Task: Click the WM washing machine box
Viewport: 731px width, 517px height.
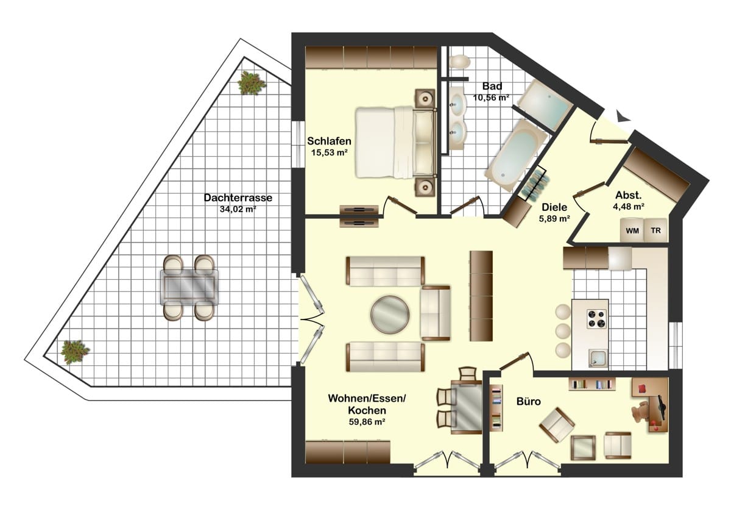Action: tap(632, 230)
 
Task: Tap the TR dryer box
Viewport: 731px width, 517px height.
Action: tap(655, 230)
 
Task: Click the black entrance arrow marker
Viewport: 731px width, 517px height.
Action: tap(623, 116)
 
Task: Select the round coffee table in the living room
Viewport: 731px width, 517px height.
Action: tap(390, 315)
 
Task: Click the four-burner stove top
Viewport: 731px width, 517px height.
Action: tap(597, 319)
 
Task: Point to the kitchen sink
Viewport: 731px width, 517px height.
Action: tap(598, 358)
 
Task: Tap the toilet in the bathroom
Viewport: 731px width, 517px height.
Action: tap(459, 62)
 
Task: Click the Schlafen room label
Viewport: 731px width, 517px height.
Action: tap(329, 141)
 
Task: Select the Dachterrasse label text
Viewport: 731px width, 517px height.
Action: tap(238, 198)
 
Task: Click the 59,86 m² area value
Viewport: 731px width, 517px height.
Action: tap(367, 422)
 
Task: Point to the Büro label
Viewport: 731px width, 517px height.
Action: tap(528, 401)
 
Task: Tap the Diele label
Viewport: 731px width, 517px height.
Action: tap(554, 207)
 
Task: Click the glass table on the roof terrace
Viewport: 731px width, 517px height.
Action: tap(189, 288)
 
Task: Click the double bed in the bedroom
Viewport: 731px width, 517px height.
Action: tap(396, 142)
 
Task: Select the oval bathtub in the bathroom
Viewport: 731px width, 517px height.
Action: tap(516, 155)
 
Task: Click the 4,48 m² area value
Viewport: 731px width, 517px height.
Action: tap(628, 207)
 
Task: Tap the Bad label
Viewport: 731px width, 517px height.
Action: tap(492, 86)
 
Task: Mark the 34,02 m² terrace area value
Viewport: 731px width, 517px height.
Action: tap(238, 209)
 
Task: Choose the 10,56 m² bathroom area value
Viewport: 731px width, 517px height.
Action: tap(492, 98)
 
